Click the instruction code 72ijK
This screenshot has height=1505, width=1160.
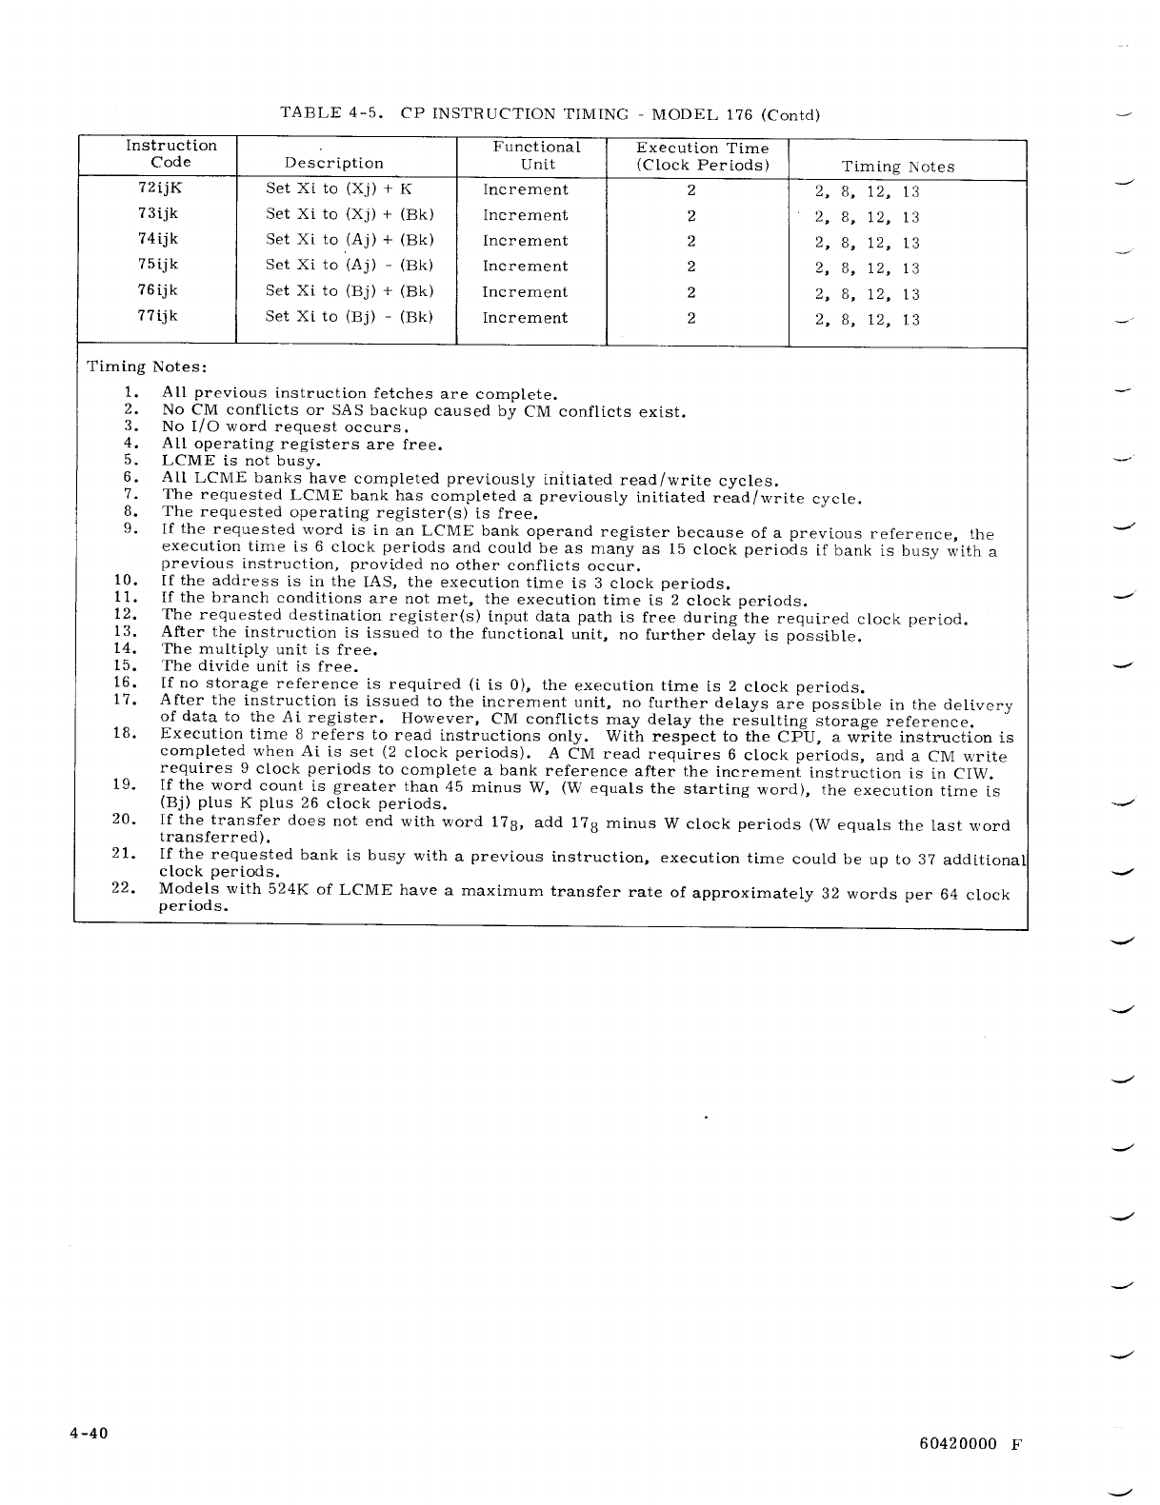pos(158,188)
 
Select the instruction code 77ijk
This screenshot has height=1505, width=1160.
pos(158,315)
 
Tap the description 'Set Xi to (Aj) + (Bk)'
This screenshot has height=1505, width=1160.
pos(350,240)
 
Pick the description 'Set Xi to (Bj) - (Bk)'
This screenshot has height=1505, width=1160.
pos(350,316)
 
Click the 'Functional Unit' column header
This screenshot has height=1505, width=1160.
pos(536,155)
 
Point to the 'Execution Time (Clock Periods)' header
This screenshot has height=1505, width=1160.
pos(702,156)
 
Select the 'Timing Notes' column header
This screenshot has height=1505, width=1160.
pos(897,167)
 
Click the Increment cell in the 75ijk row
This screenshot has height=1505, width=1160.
pos(525,267)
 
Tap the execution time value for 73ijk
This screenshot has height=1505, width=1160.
pos(691,215)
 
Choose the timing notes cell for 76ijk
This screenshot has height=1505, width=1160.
pos(868,294)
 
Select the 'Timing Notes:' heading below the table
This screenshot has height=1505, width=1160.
pos(147,366)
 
